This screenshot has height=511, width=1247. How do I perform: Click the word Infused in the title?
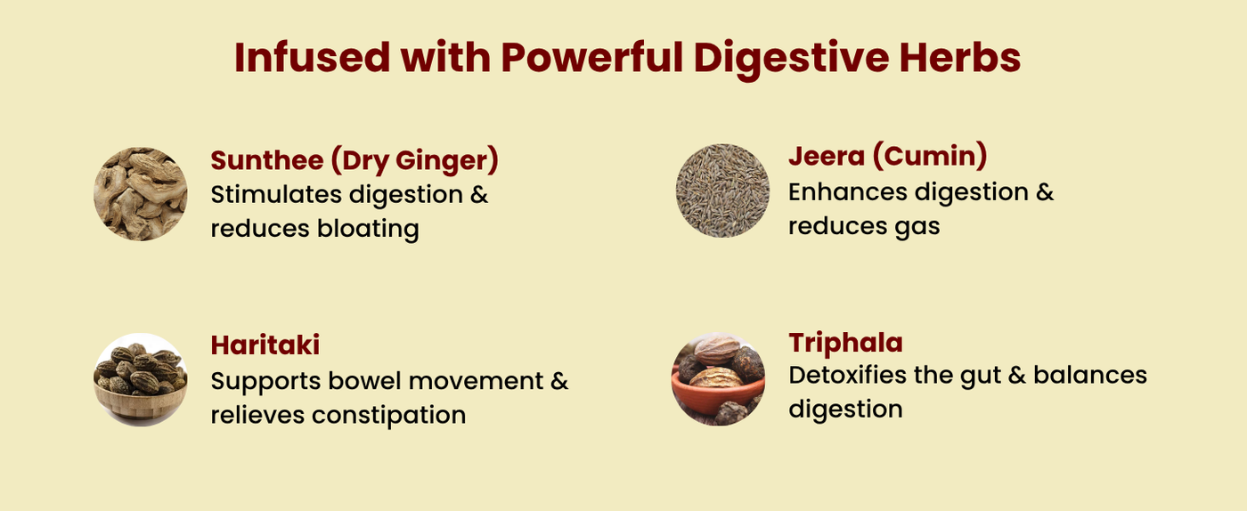coord(313,57)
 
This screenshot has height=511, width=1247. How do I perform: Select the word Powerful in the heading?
coord(592,57)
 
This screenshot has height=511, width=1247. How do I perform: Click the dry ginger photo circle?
coord(141,194)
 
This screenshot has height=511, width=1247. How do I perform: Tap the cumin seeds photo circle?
coord(722,191)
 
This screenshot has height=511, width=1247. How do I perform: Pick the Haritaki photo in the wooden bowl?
coord(141,380)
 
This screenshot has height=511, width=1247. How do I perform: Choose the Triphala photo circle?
coord(718,379)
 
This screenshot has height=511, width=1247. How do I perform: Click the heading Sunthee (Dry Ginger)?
coord(355,161)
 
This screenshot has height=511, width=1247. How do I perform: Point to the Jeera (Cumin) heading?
coord(888,157)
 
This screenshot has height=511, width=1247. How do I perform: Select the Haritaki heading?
coord(265,345)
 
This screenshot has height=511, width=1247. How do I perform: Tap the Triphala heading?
coord(845,343)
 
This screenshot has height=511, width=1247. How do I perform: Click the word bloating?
coord(368,229)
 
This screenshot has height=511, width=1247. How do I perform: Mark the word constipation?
coord(388,415)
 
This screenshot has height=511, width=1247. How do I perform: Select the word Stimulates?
coord(276,195)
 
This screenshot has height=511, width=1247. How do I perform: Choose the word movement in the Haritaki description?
coord(476,382)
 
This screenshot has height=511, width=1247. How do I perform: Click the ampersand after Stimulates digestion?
coord(479,195)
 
